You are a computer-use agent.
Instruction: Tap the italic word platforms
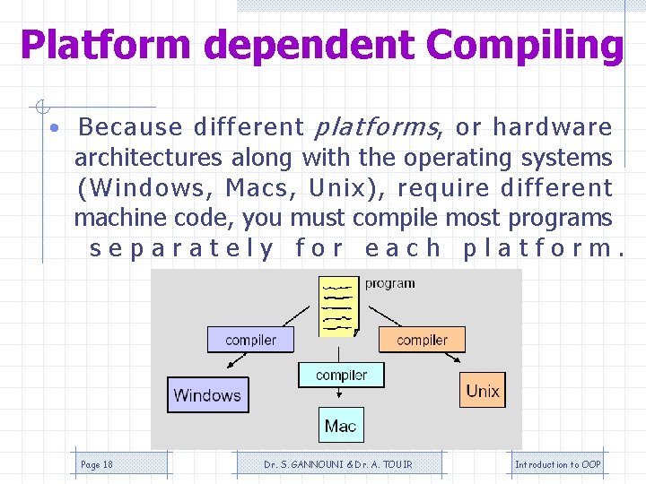tap(373, 127)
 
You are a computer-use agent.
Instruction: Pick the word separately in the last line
tap(182, 248)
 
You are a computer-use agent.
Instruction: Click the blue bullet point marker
tap(56, 128)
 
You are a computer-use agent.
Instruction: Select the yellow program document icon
tap(339, 306)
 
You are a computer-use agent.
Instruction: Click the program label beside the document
tap(389, 283)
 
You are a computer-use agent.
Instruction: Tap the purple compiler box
tap(250, 340)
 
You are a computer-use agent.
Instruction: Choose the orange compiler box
tap(422, 340)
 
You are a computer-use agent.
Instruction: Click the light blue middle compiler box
tap(341, 375)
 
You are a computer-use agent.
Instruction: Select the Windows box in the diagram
tap(206, 394)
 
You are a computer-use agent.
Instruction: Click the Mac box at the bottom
tap(341, 426)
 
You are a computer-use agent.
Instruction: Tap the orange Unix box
tap(483, 391)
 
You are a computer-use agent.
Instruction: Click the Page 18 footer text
tap(97, 464)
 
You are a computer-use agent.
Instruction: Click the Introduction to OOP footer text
tap(557, 464)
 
